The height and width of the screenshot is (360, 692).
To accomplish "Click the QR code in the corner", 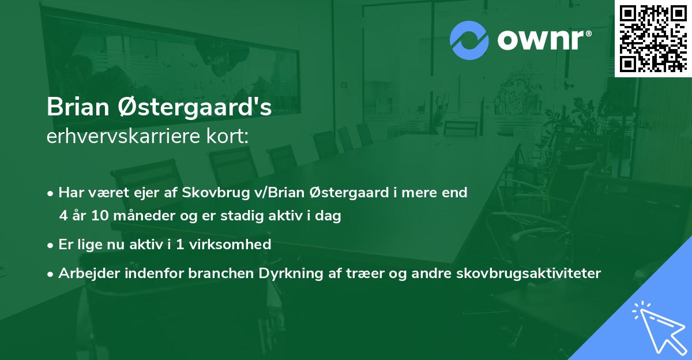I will (653, 39).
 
